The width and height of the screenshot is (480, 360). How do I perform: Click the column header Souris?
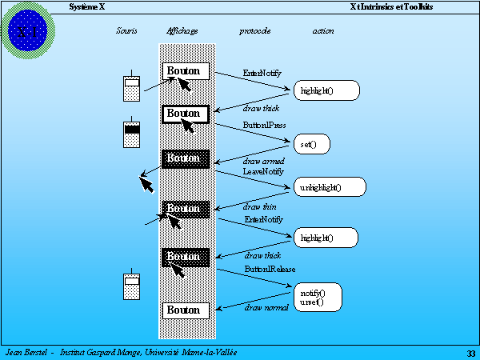(x=126, y=31)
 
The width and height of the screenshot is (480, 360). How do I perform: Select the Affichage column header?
(x=182, y=31)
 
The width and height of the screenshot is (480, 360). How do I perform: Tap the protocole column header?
(x=254, y=31)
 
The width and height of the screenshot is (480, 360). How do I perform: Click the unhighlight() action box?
(x=330, y=187)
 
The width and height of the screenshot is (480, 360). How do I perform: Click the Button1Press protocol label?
(x=265, y=126)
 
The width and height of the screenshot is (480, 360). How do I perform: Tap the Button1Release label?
(x=270, y=270)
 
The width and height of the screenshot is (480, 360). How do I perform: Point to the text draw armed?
(x=264, y=162)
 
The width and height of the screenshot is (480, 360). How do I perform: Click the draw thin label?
(x=260, y=207)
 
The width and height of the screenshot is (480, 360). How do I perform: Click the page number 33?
(x=470, y=353)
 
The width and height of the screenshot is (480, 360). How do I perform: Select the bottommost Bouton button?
(x=186, y=310)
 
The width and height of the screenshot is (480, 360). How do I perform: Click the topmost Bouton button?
(x=186, y=71)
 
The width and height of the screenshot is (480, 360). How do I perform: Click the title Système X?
(x=87, y=6)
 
